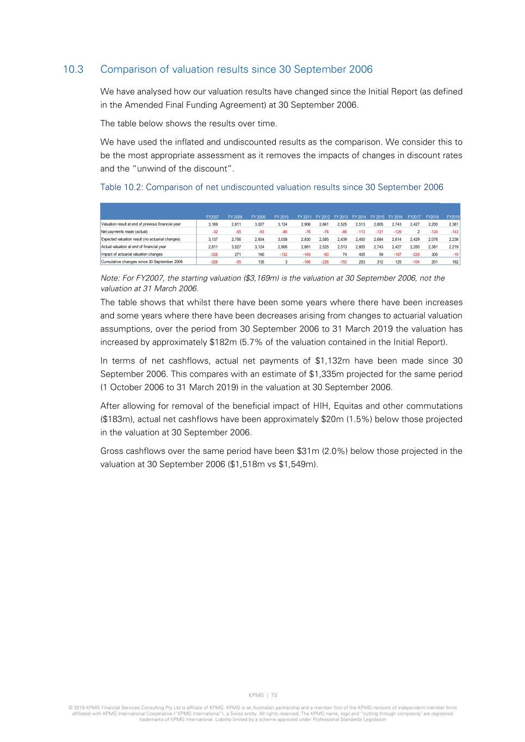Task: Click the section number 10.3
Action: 73,70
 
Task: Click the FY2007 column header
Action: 212,217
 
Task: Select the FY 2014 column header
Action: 359,217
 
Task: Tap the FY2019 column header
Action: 453,217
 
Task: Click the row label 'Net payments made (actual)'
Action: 124,232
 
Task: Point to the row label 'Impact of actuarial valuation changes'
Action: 132,254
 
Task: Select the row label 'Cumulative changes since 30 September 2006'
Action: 141,262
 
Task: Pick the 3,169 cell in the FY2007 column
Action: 213,224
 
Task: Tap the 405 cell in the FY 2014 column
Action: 362,254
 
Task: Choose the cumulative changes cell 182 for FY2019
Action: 455,262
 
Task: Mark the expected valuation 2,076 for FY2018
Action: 433,239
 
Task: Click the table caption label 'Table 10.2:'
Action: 122,188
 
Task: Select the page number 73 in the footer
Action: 274,695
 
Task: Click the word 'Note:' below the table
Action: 110,278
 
